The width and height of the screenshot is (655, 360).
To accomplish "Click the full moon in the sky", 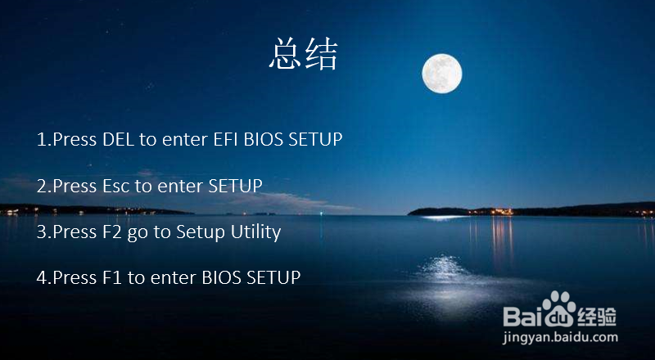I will pos(442,74).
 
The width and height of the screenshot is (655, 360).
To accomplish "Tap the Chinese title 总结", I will pos(303,54).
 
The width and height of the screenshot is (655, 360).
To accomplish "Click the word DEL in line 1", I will pos(118,139).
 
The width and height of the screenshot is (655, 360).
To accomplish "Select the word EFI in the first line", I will pos(227,139).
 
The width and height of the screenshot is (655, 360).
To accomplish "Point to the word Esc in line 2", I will pos(116,186).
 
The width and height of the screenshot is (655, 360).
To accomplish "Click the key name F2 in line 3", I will pos(114,232).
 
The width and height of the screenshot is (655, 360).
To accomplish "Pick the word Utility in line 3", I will pos(254,232).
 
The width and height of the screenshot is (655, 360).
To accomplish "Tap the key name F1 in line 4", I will pos(113,277).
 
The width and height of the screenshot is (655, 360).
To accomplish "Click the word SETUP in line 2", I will pos(235,186).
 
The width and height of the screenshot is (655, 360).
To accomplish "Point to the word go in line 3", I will pos(138,233).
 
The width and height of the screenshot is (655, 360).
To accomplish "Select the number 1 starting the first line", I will pos(42,139).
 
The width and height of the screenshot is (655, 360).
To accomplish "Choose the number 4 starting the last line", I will pos(42,277).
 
